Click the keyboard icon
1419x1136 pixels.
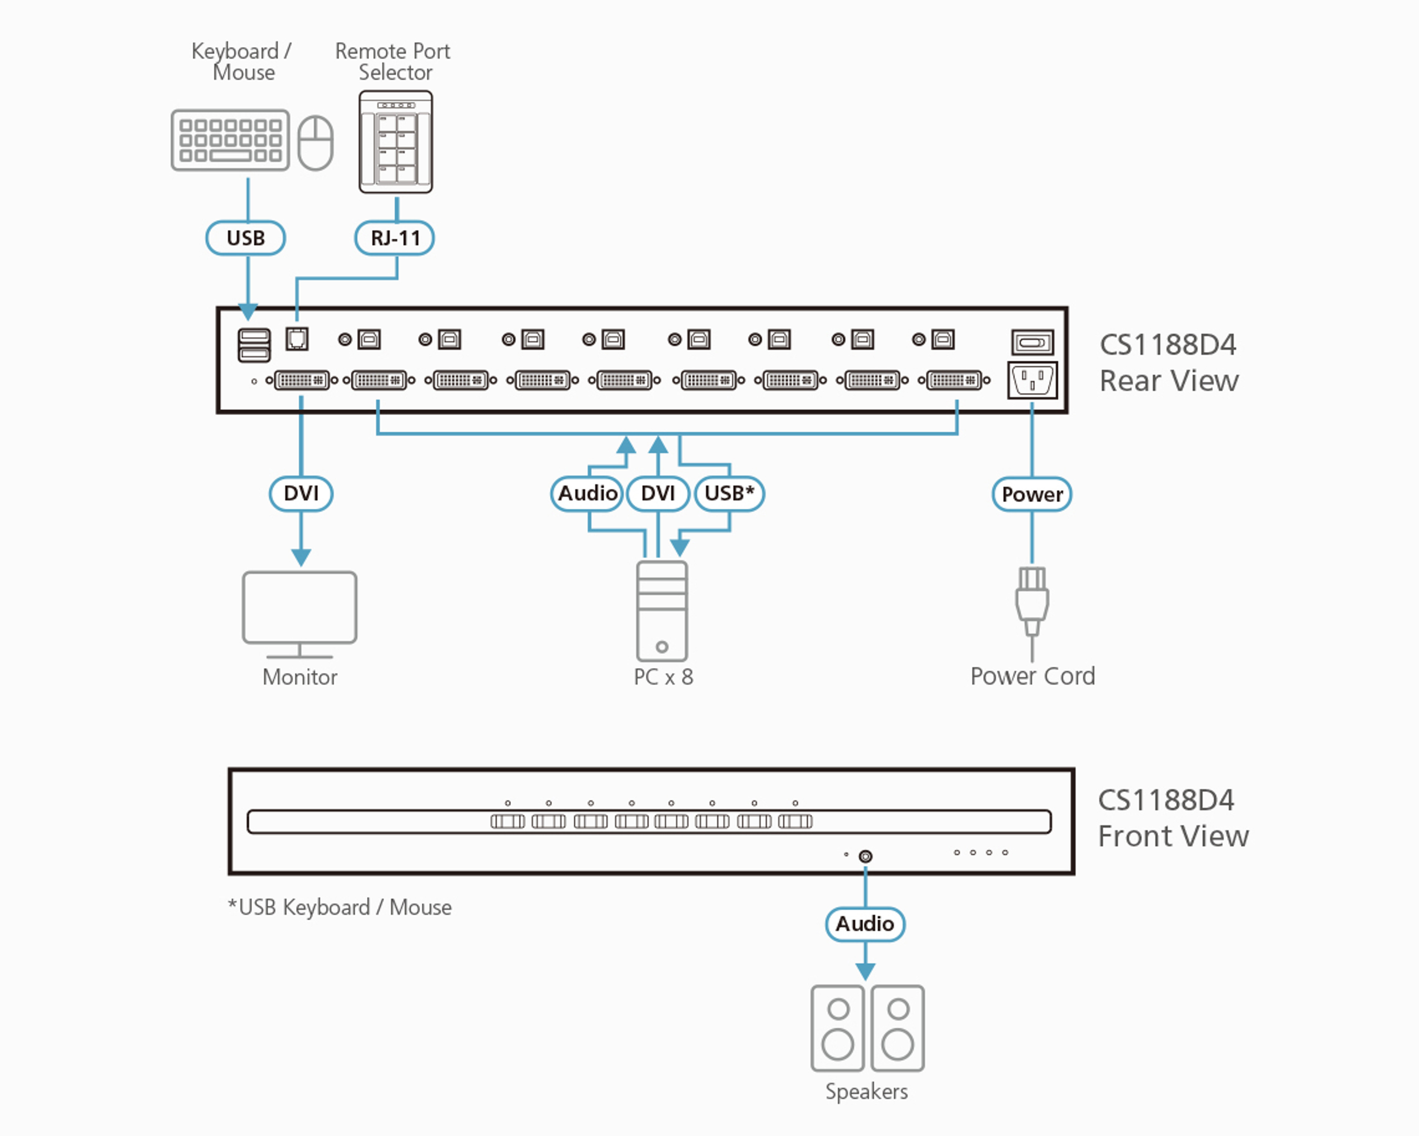tap(230, 140)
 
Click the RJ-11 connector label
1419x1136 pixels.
tap(395, 238)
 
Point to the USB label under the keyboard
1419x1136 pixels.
tap(245, 238)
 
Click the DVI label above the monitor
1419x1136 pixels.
tap(301, 493)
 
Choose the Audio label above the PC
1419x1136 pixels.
tap(587, 493)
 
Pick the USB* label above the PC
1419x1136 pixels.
tap(729, 493)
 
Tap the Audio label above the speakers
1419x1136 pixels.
tap(865, 924)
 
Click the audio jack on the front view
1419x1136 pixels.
tap(865, 856)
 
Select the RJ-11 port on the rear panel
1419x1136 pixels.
tap(297, 339)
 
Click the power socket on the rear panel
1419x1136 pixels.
tap(1032, 380)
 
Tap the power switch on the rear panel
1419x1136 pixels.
tap(1032, 342)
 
